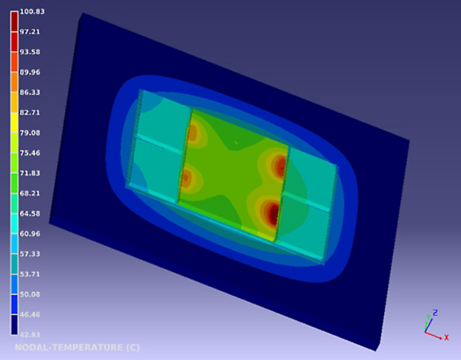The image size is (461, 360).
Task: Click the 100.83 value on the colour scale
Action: pos(32,11)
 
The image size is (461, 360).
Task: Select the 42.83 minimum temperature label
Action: pos(30,334)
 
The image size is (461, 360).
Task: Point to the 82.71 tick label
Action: pos(30,112)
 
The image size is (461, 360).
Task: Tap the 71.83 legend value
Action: pos(30,173)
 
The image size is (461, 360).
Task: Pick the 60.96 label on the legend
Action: pos(30,233)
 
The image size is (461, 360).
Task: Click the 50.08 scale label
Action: pos(30,294)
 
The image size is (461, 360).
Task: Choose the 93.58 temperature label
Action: pos(30,52)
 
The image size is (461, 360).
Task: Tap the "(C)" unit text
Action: pos(133,347)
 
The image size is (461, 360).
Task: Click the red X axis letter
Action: pos(447,338)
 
